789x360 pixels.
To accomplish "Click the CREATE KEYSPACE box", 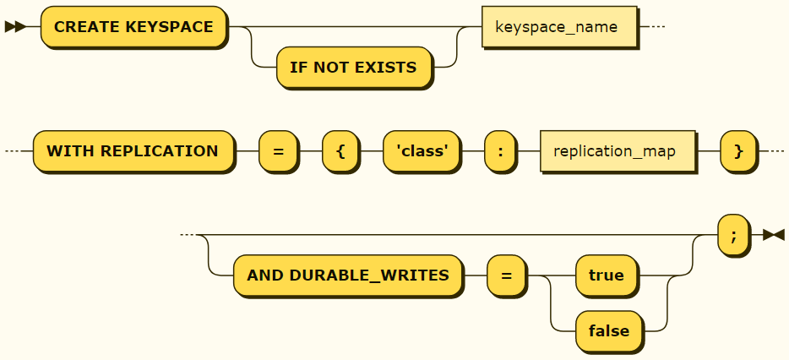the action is click(x=133, y=27).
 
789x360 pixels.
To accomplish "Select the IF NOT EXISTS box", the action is click(x=353, y=68).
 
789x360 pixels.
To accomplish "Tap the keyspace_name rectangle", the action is click(x=556, y=27).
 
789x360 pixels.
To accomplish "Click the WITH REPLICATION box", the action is click(x=133, y=151).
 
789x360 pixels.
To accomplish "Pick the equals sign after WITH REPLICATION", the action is click(x=278, y=151).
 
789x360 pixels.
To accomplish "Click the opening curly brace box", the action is click(x=340, y=151).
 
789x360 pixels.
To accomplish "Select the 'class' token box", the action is click(x=422, y=151).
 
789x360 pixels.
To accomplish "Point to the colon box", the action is click(x=500, y=151).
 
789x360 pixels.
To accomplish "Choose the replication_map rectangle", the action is click(x=616, y=151).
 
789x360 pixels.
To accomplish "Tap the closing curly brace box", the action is click(x=738, y=151).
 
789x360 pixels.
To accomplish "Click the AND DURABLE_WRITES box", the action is click(x=347, y=275).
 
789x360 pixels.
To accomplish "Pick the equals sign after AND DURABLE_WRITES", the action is click(x=505, y=275).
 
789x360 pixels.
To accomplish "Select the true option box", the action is click(x=606, y=275).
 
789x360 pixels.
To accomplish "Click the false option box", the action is click(x=608, y=330).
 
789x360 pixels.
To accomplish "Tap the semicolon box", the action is click(x=733, y=235).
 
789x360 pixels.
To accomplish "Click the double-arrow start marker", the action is click(x=14, y=27).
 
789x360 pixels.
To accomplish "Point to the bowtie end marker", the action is click(x=773, y=235).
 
